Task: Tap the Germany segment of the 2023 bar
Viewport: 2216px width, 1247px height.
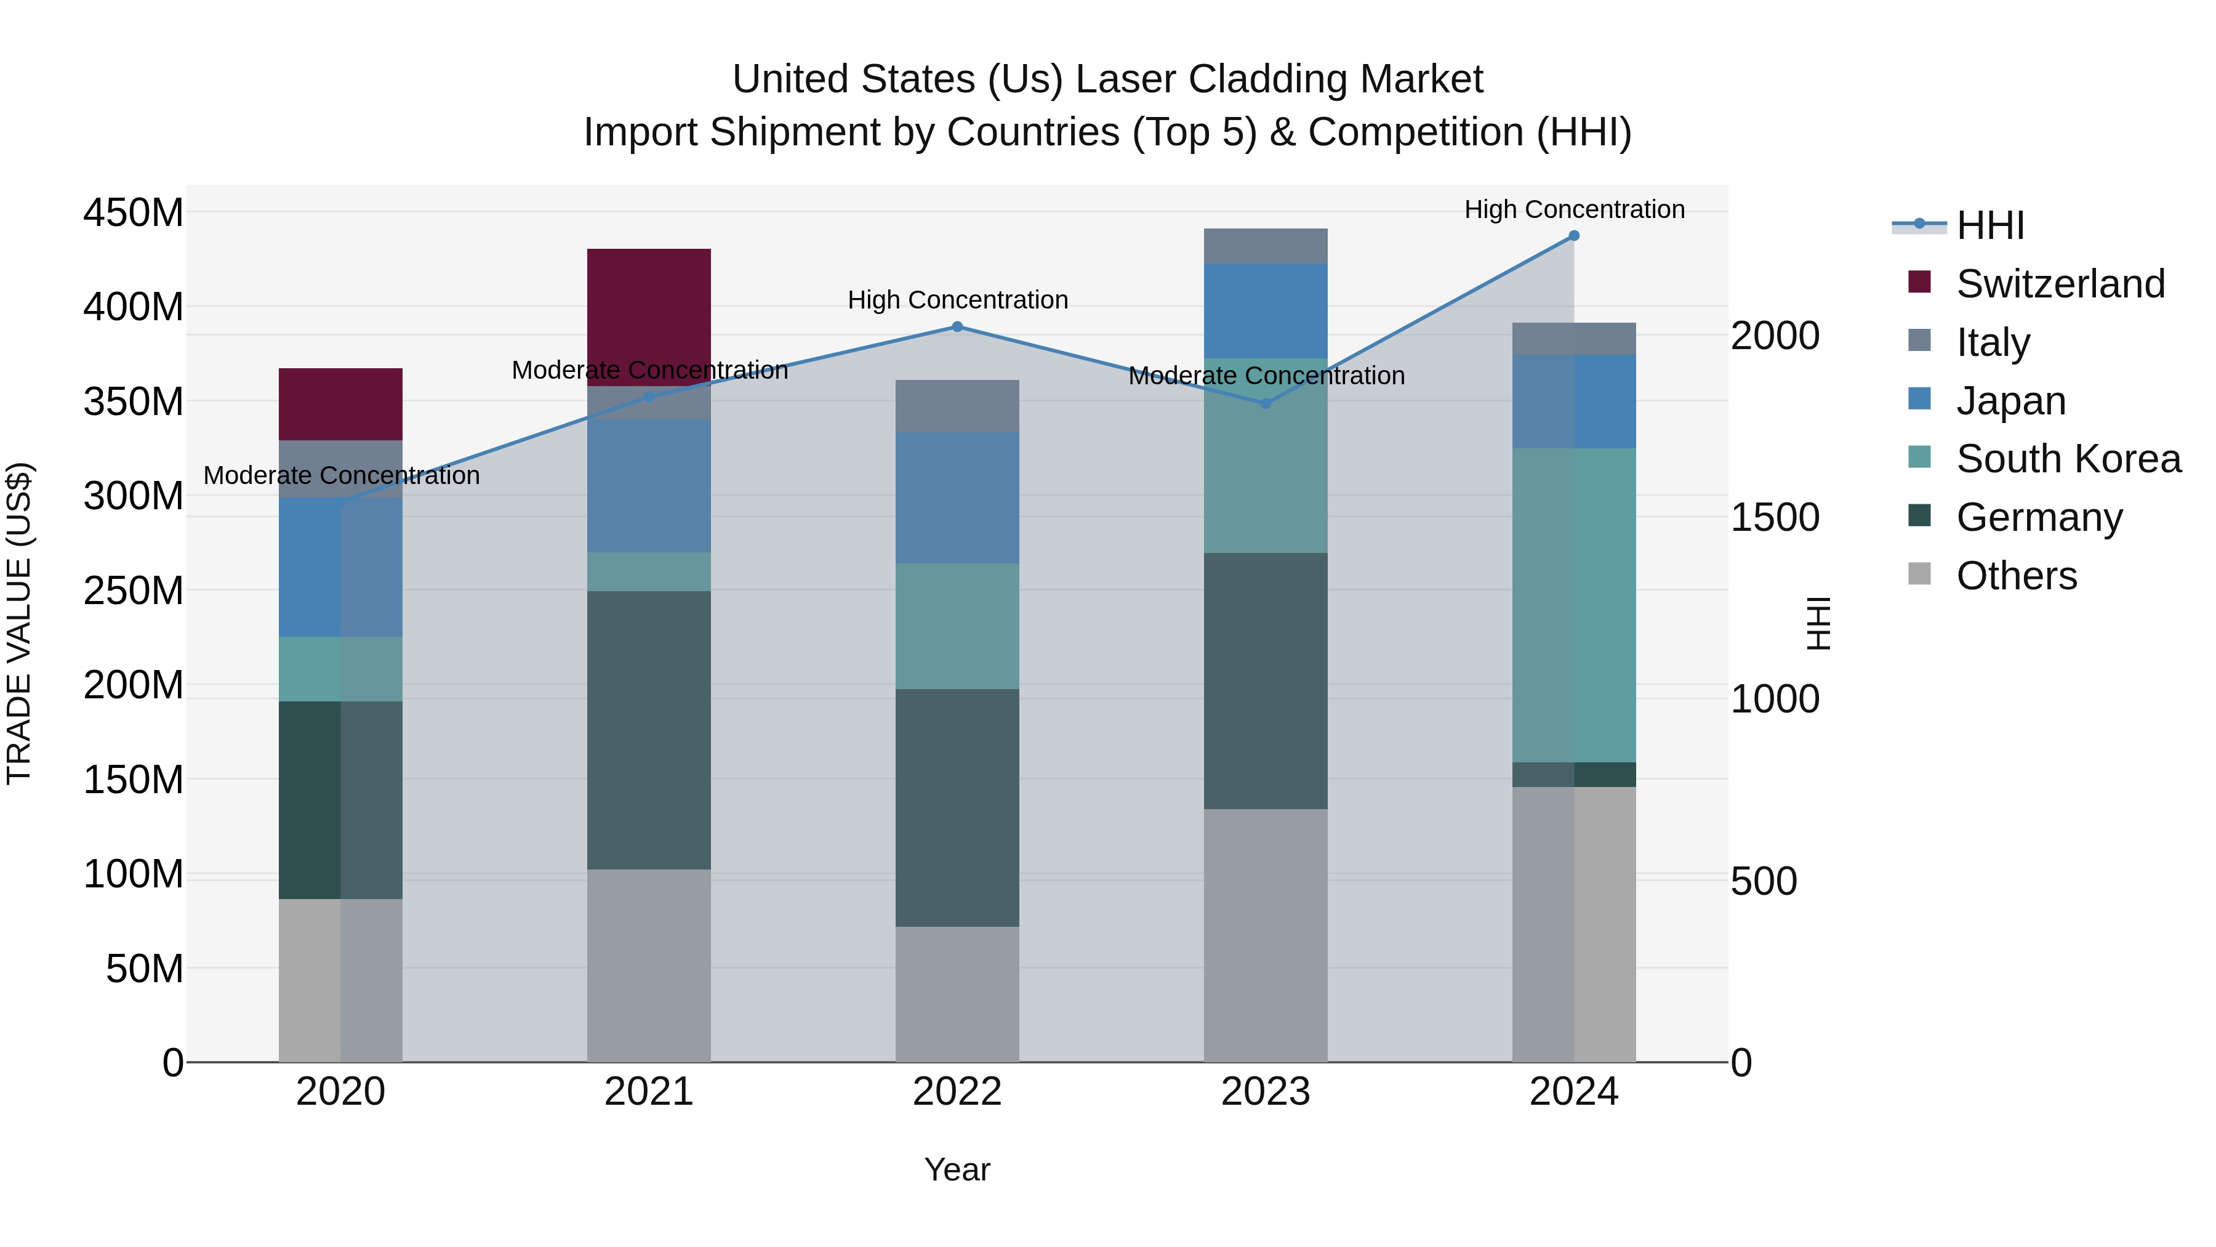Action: pyautogui.click(x=1266, y=680)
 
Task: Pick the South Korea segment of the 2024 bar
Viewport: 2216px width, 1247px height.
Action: pyautogui.click(x=1574, y=604)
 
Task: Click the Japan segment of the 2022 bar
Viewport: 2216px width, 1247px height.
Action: pyautogui.click(x=957, y=498)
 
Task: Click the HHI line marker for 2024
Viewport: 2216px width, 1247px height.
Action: pyautogui.click(x=1574, y=236)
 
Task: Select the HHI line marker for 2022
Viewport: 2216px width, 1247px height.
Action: pyautogui.click(x=957, y=327)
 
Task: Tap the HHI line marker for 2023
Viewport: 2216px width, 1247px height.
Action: pyautogui.click(x=1266, y=403)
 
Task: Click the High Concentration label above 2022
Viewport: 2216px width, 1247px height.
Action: pyautogui.click(x=957, y=301)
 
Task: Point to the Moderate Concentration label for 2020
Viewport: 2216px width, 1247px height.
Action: pyautogui.click(x=342, y=476)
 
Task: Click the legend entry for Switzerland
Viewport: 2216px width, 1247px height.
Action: pyautogui.click(x=2060, y=284)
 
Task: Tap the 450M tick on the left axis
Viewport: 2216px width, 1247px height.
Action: pyautogui.click(x=134, y=212)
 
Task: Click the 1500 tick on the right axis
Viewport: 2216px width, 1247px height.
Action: pyautogui.click(x=1775, y=517)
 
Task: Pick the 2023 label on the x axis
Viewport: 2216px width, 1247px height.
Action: pyautogui.click(x=1266, y=1092)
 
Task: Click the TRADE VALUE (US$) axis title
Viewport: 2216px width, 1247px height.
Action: pyautogui.click(x=20, y=623)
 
